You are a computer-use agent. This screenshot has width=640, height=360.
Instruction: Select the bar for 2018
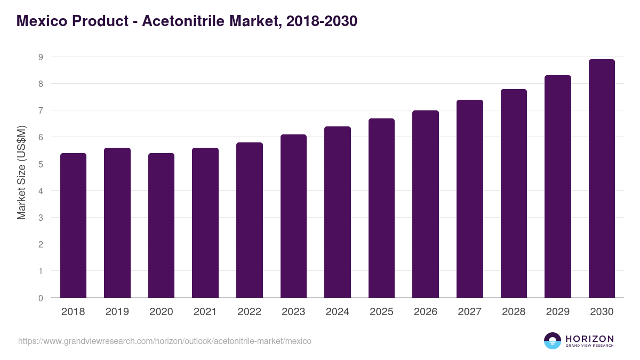point(73,225)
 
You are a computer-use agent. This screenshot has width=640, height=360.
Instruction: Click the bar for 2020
point(161,225)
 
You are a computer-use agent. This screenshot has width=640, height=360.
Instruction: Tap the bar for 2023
point(293,216)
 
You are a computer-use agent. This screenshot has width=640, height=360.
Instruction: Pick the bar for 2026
point(426,204)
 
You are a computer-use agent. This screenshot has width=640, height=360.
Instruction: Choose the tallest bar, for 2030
point(602,178)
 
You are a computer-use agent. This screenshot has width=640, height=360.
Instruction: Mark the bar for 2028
point(514,193)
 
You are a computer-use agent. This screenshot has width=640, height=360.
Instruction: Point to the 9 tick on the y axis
point(41,57)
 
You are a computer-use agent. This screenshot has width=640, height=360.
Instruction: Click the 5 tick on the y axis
point(41,164)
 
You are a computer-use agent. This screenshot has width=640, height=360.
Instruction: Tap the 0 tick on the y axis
point(41,298)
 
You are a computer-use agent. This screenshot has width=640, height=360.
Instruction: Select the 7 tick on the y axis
point(41,110)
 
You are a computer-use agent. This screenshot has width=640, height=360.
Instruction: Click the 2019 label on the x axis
point(117,312)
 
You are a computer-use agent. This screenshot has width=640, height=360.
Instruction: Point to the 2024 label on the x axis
point(337,312)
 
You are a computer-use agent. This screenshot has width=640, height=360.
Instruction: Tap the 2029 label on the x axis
point(557,312)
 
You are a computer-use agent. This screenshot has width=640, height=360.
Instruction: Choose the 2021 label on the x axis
point(205,312)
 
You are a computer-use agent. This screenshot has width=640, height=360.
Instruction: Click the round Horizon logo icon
point(553,341)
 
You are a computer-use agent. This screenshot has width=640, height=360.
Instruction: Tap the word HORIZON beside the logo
point(589,338)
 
